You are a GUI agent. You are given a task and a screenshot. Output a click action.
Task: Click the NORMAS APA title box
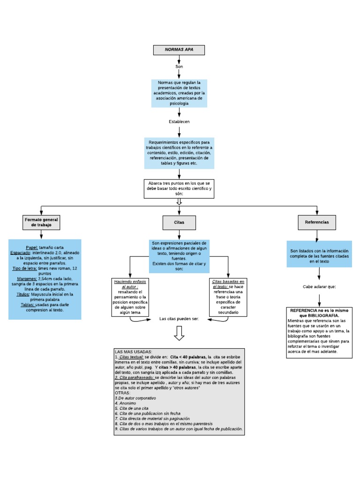pyautogui.click(x=179, y=50)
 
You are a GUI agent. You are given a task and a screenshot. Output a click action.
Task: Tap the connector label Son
pyautogui.click(x=179, y=67)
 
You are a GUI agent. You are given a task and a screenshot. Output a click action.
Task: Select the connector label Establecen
pyautogui.click(x=179, y=122)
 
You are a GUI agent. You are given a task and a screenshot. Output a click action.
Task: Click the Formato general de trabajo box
pyautogui.click(x=41, y=222)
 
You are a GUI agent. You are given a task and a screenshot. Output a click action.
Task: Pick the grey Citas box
pyautogui.click(x=179, y=222)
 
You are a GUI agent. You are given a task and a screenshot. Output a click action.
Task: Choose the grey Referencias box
pyautogui.click(x=317, y=222)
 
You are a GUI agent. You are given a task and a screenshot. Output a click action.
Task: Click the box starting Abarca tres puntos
pyautogui.click(x=179, y=188)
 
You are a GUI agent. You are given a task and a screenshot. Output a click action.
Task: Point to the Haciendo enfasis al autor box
pyautogui.click(x=130, y=296)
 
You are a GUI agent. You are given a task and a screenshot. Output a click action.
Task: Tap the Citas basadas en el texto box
pyautogui.click(x=228, y=296)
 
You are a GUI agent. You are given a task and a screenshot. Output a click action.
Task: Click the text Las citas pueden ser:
pyautogui.click(x=179, y=319)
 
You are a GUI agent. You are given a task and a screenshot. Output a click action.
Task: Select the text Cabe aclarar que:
pyautogui.click(x=319, y=286)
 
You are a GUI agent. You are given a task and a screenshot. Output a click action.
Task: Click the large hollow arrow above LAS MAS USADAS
pyautogui.click(x=179, y=334)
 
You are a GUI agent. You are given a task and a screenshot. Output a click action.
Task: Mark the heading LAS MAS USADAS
pyautogui.click(x=133, y=352)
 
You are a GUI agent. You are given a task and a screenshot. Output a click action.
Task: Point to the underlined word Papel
pyautogui.click(x=32, y=247)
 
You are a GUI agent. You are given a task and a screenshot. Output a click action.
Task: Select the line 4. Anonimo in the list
pyautogui.click(x=125, y=403)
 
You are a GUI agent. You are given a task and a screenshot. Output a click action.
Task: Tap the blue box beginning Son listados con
pyautogui.click(x=319, y=254)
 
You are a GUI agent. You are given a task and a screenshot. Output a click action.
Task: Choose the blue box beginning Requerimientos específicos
pyautogui.click(x=179, y=153)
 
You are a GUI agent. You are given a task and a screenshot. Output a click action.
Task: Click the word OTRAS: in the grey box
pyautogui.click(x=123, y=393)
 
